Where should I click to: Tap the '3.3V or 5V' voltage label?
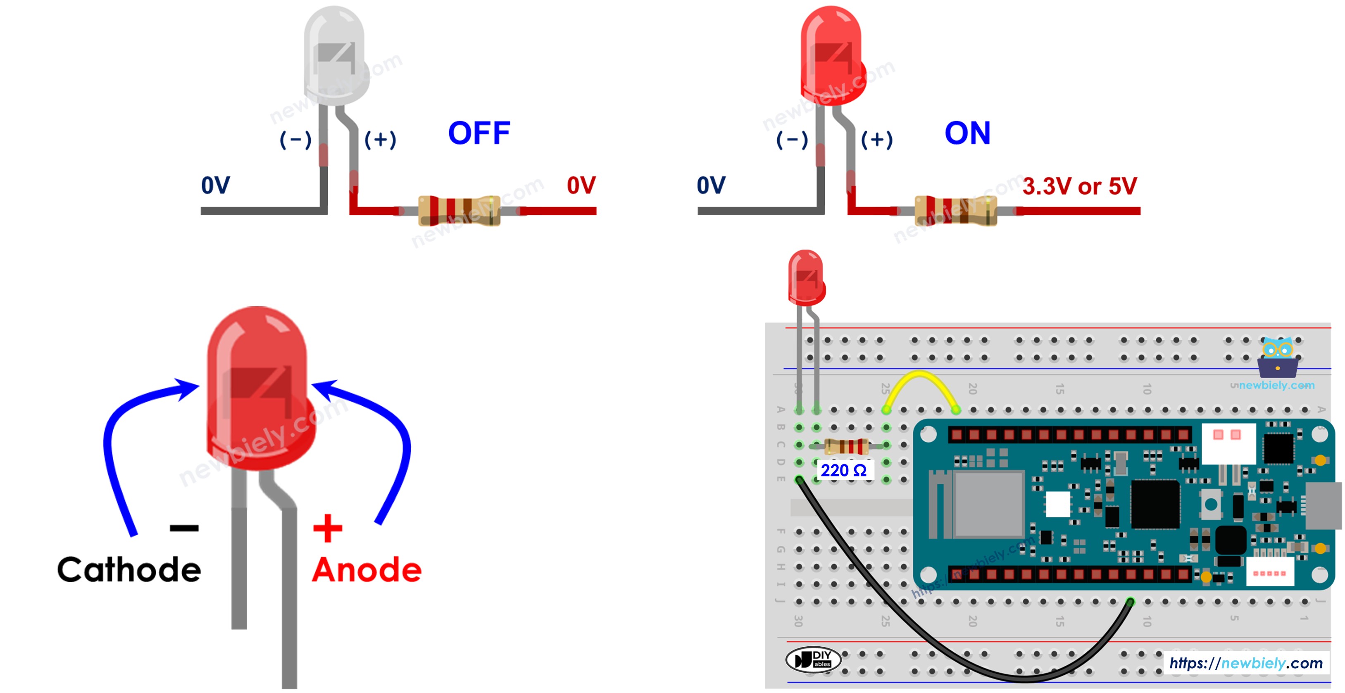pyautogui.click(x=1079, y=186)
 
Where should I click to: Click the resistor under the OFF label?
pyautogui.click(x=459, y=210)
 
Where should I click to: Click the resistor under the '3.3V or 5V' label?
pyautogui.click(x=955, y=210)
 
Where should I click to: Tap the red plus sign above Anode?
pyautogui.click(x=327, y=528)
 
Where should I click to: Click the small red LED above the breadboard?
pyautogui.click(x=806, y=277)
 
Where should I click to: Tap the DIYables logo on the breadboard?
pyautogui.click(x=813, y=660)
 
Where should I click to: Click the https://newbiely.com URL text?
pyautogui.click(x=1245, y=663)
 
